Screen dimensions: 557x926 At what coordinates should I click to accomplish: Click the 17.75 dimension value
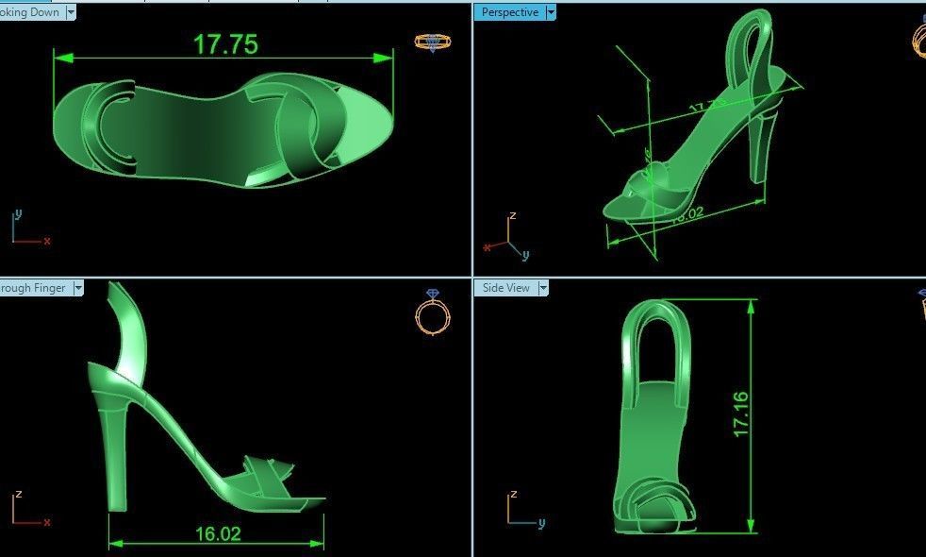pyautogui.click(x=225, y=44)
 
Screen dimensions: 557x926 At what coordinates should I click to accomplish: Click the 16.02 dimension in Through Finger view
pyautogui.click(x=218, y=533)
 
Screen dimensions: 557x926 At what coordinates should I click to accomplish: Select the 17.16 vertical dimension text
pyautogui.click(x=741, y=413)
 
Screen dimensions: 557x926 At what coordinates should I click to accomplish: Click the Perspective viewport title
pyautogui.click(x=509, y=12)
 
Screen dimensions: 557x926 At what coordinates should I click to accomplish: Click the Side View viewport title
pyautogui.click(x=506, y=288)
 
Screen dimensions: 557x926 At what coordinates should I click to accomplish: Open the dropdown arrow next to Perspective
pyautogui.click(x=552, y=12)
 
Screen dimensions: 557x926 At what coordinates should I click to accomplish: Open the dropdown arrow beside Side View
pyautogui.click(x=542, y=288)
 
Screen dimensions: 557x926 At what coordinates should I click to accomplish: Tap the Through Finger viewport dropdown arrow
pyautogui.click(x=78, y=288)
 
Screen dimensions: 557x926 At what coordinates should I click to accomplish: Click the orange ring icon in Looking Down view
pyautogui.click(x=433, y=42)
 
